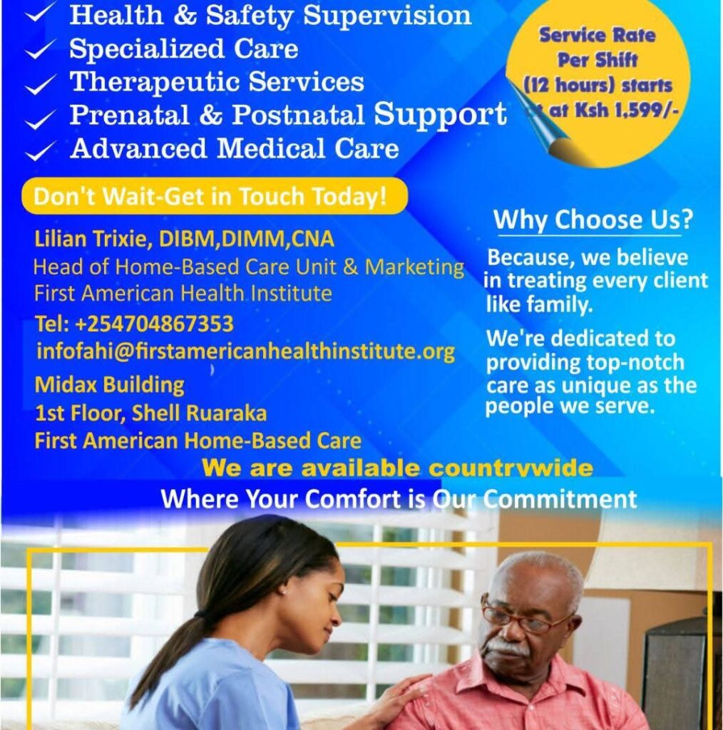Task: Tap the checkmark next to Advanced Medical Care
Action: point(41,150)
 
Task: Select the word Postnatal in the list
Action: point(298,115)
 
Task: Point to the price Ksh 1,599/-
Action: point(627,110)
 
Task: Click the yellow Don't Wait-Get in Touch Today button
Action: point(215,196)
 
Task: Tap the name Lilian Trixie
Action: point(93,239)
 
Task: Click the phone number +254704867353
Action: point(154,324)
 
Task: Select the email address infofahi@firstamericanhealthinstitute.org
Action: point(245,351)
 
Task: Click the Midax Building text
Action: point(109,385)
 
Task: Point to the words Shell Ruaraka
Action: point(199,413)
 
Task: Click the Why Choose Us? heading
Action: point(593,220)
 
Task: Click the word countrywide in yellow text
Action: point(511,468)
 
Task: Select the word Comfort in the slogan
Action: point(352,498)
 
